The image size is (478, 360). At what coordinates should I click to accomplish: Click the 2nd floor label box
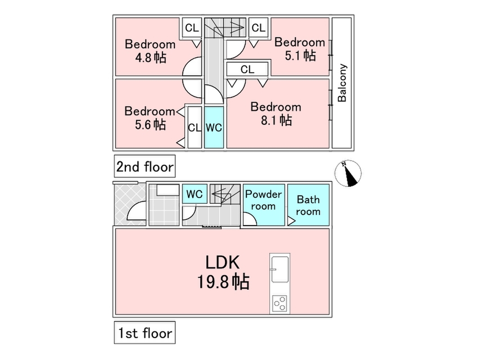144,167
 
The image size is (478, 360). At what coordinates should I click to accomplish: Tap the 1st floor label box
144,333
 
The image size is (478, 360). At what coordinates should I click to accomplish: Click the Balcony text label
342,83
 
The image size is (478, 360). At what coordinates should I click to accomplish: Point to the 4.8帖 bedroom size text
150,58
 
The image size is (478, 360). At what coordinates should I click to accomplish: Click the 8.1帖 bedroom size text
276,120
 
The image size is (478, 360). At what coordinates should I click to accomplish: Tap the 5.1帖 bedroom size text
299,55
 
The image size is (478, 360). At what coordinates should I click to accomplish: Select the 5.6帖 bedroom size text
150,124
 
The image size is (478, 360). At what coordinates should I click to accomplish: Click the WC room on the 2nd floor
214,127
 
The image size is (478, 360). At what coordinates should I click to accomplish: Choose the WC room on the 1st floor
195,195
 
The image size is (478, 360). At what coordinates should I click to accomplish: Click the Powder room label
264,200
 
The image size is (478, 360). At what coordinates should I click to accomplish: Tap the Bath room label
308,205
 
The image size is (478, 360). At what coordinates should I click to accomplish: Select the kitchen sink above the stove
279,269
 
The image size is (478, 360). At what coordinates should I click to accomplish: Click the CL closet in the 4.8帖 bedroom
192,28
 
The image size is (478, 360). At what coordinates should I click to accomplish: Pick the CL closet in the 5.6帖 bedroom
194,127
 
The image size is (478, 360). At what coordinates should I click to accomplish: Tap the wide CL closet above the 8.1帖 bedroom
247,69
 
